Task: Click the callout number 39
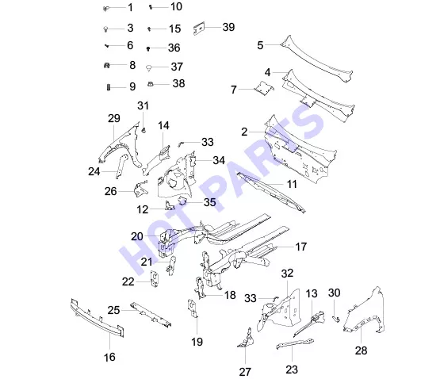point(228,27)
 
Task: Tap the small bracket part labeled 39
point(199,28)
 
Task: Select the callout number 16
point(109,357)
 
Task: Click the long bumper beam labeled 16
point(97,317)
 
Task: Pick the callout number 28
point(361,350)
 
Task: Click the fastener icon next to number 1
point(105,9)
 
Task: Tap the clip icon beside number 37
point(149,68)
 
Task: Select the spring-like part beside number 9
point(109,87)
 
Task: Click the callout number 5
point(260,45)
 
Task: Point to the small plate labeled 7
point(264,89)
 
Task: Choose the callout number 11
point(292,184)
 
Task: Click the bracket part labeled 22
point(154,279)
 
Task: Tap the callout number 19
point(197,342)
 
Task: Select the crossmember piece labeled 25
point(151,315)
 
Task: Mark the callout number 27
point(245,372)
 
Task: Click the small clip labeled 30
point(335,319)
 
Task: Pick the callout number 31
point(143,105)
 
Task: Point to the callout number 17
point(300,247)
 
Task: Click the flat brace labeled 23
point(295,343)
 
